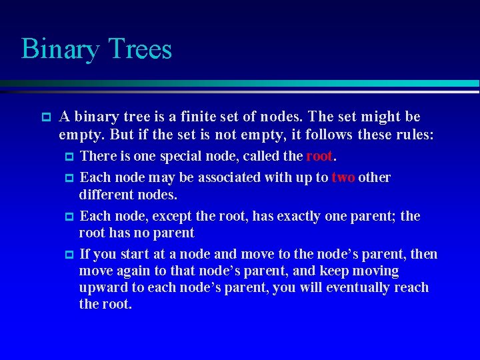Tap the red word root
pos(319,157)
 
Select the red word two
pos(343,177)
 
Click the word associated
pos(208,177)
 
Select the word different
pos(105,195)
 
